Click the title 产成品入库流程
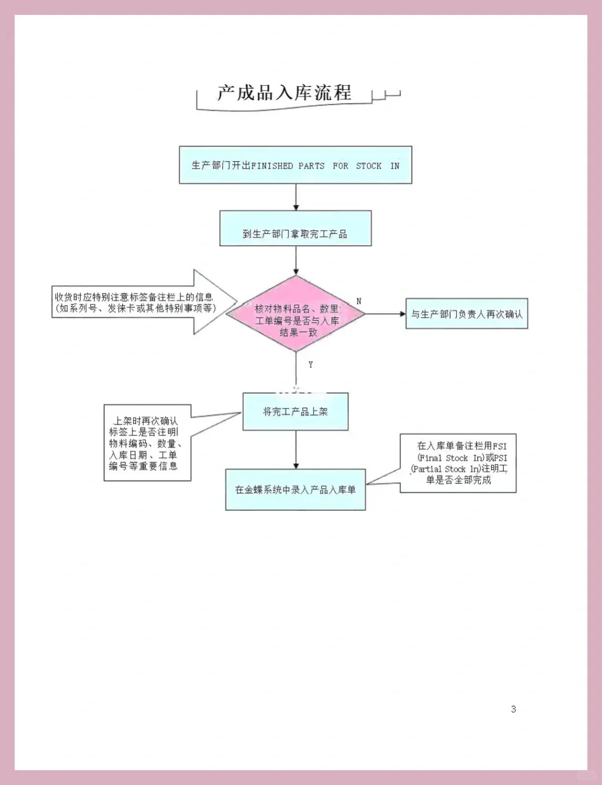tap(284, 93)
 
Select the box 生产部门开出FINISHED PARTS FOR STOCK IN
tap(295, 165)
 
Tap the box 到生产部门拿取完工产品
tap(295, 229)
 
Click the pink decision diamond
tap(295, 314)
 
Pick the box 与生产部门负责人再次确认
tap(467, 314)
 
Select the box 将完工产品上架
tap(295, 411)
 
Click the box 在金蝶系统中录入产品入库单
tap(295, 490)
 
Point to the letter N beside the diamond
tap(359, 301)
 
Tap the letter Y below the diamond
tap(310, 365)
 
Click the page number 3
tap(513, 709)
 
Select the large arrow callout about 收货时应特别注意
tap(143, 302)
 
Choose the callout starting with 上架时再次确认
tap(147, 443)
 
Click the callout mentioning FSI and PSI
tap(458, 463)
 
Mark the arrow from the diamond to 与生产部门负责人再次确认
tap(385, 314)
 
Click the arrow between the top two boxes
tap(295, 197)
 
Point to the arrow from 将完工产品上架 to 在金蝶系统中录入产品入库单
tap(295, 450)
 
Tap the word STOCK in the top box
tap(368, 166)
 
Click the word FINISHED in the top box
tap(272, 166)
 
